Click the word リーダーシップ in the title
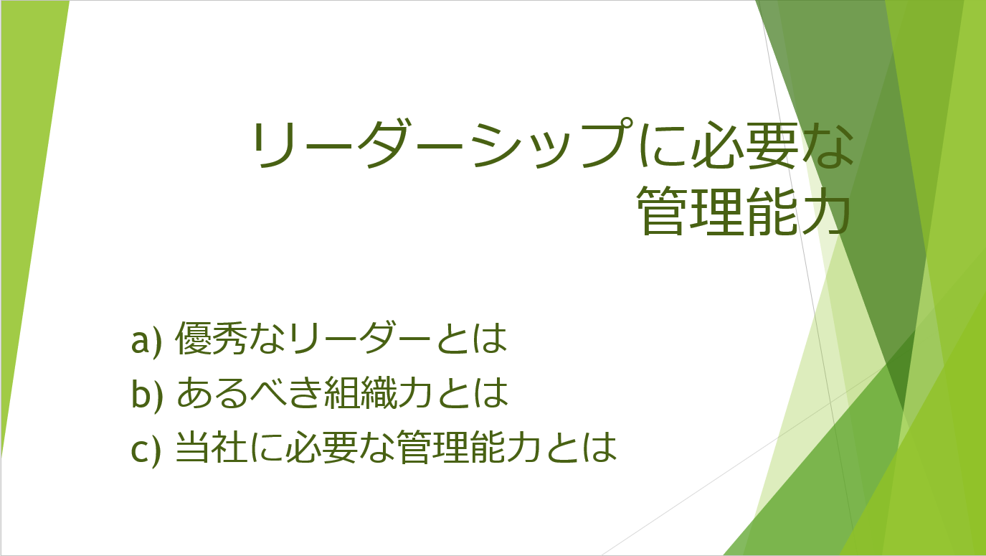[x=442, y=144]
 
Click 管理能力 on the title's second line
[x=744, y=210]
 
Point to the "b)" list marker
[x=147, y=392]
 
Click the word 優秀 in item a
[x=210, y=338]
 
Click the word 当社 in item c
[x=211, y=447]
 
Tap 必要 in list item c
[x=321, y=447]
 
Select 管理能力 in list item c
[x=468, y=447]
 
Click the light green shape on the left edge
[x=27, y=176]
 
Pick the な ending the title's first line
[x=828, y=145]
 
